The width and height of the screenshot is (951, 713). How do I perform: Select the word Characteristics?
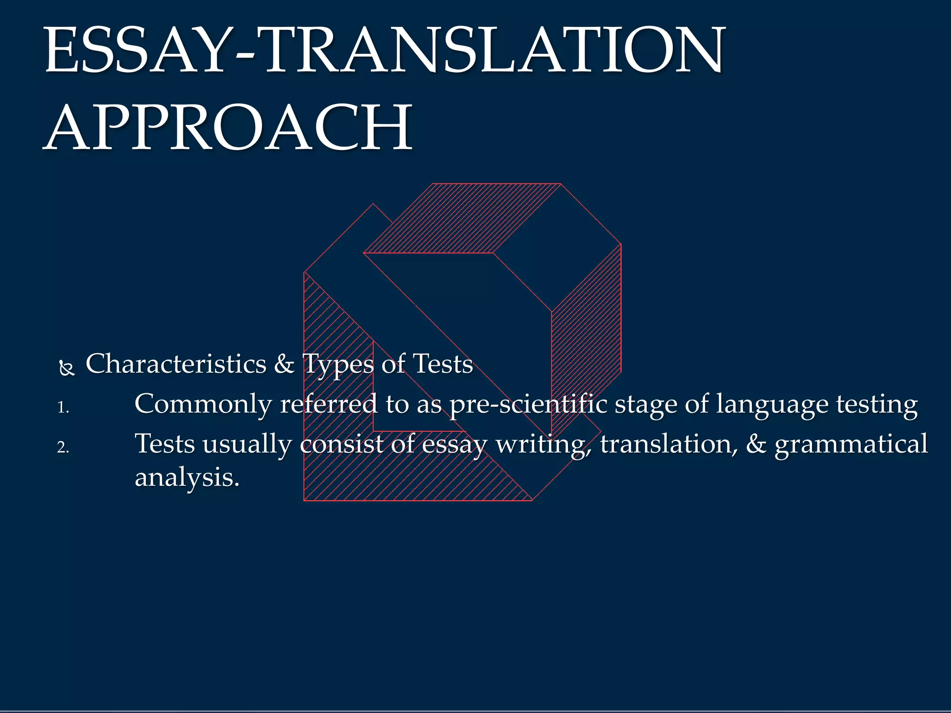176,364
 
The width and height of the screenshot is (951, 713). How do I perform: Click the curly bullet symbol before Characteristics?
67,369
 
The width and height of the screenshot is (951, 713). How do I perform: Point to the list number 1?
63,408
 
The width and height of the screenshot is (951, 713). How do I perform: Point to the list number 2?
63,447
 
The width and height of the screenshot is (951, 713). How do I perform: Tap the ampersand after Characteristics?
284,364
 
